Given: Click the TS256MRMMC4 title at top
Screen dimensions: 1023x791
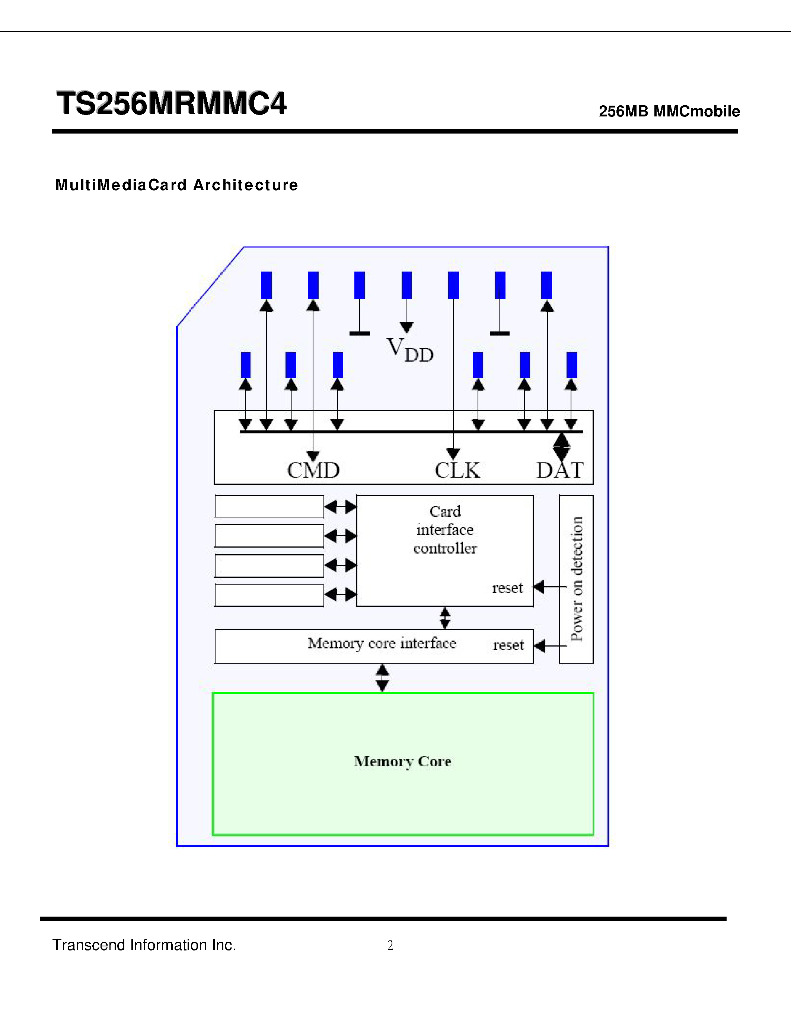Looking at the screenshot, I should tap(171, 103).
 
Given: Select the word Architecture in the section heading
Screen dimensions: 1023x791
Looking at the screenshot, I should tap(246, 185).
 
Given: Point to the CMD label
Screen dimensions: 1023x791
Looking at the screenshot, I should tap(313, 470).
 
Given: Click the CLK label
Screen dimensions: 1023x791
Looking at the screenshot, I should tap(457, 470).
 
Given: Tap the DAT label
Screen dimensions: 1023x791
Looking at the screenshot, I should tap(560, 470).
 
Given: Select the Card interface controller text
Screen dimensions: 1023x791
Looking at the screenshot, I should tap(445, 530).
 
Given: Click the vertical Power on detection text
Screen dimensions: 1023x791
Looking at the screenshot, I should tap(576, 579).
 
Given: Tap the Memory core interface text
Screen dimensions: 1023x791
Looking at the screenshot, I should tap(382, 644).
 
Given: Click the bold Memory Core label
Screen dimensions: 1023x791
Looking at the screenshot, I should tap(402, 761).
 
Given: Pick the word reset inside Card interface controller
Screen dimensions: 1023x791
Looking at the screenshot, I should tap(507, 588).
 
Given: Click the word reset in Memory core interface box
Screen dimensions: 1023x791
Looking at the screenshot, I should tap(508, 645).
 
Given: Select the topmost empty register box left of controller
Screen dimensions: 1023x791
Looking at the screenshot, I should tap(269, 506).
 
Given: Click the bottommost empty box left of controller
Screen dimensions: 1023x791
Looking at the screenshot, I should tap(269, 595).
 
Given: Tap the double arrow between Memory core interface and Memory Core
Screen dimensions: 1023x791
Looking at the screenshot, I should tap(382, 678).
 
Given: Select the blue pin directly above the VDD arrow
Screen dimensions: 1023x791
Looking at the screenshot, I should tap(406, 285).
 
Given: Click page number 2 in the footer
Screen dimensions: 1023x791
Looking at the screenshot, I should tap(390, 945).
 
